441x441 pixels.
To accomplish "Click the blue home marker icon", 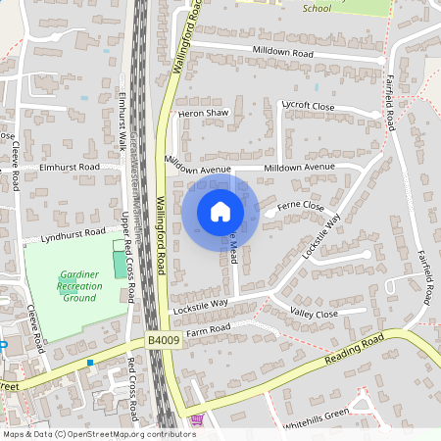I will pos(220,211).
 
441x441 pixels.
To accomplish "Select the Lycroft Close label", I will pos(308,105).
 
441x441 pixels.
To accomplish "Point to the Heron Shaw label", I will pos(203,114).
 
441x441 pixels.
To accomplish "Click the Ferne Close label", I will pos(301,206).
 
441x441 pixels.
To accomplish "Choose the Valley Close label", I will pos(314,314).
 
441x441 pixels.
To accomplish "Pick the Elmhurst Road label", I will pos(70,168).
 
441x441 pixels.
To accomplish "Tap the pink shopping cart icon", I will pos(196,420).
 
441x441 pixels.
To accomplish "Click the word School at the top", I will pos(317,8).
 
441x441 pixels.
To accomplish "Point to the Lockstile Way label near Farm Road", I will pos(200,304).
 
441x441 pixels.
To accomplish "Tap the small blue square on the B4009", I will pos(90,363).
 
